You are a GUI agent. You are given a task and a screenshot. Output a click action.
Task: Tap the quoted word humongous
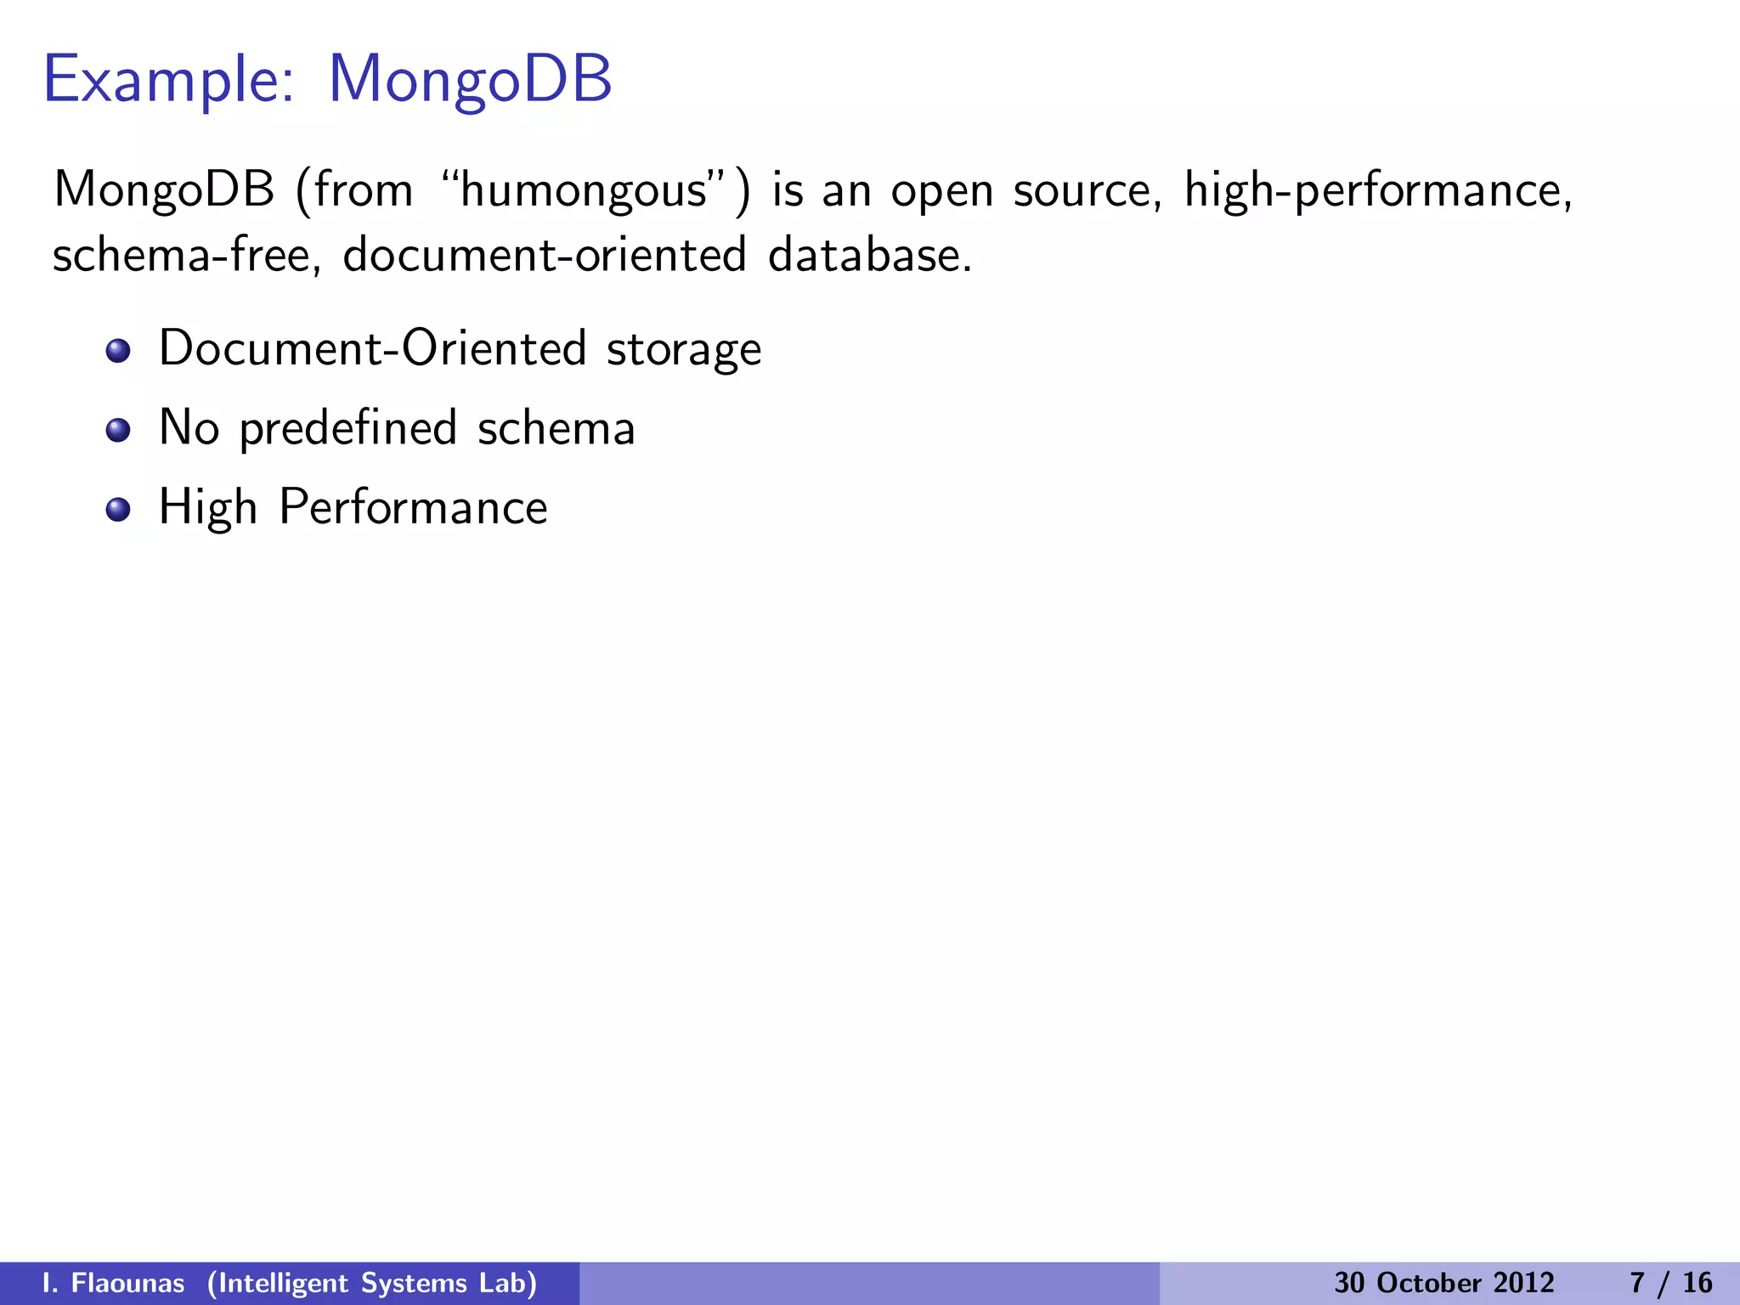click(584, 190)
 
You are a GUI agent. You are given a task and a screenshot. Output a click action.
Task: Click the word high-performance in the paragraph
click(1378, 190)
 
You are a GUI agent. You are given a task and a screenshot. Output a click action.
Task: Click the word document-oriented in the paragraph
click(545, 255)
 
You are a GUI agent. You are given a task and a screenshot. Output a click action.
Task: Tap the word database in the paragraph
click(868, 255)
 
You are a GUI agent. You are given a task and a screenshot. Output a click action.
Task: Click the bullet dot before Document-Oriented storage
click(118, 351)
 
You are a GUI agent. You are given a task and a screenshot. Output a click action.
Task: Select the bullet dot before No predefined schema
click(118, 430)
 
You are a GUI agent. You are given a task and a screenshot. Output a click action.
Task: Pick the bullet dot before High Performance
click(118, 509)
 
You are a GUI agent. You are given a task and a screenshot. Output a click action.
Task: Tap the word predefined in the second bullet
click(348, 428)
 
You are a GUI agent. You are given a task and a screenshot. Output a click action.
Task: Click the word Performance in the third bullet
click(413, 508)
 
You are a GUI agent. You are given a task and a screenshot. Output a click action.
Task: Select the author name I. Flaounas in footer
click(113, 1283)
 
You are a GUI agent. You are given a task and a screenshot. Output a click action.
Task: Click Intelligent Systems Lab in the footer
click(372, 1283)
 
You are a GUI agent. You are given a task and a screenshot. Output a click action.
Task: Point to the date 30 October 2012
click(1443, 1283)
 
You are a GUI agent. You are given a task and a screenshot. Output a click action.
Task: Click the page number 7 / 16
click(1670, 1283)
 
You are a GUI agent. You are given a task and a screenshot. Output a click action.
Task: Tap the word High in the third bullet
click(207, 508)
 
